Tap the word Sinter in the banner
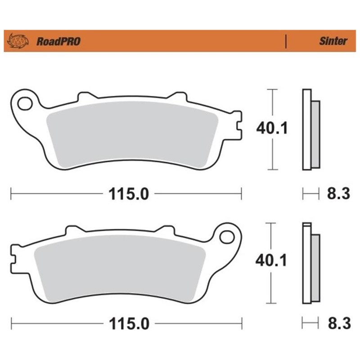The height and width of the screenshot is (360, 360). coord(333,41)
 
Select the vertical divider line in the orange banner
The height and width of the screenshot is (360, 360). coord(286,41)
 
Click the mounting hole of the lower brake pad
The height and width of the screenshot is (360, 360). coord(229,237)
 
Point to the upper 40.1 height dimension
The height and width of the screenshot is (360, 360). coord(271,129)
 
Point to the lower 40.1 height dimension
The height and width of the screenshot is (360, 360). coord(271,261)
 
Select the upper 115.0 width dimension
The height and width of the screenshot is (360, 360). coord(127,194)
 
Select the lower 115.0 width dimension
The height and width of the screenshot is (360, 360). coord(127,323)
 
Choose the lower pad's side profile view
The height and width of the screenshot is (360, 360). coord(310,263)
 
